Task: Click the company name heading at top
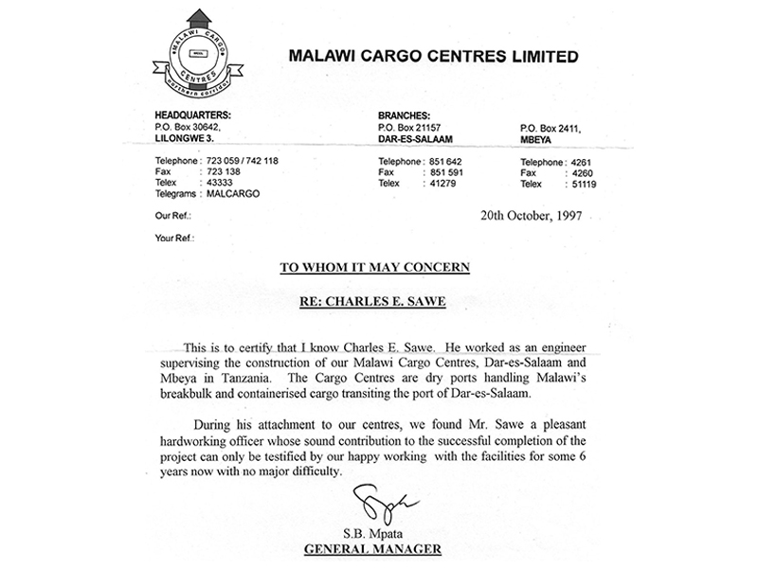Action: (x=432, y=57)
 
